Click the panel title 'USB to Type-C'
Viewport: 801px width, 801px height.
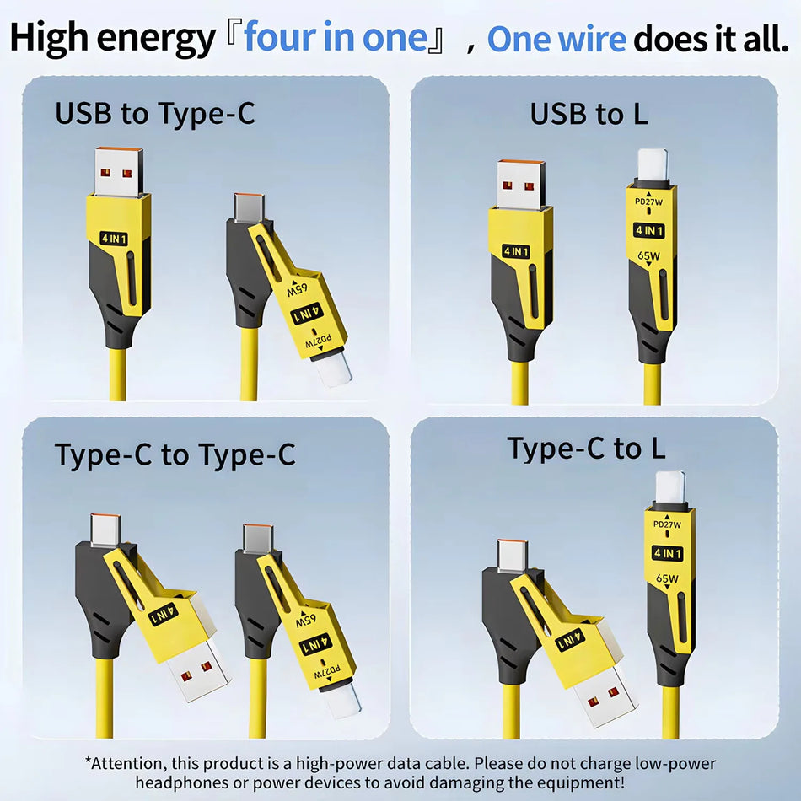(x=154, y=113)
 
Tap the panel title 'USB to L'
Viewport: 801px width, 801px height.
(x=589, y=113)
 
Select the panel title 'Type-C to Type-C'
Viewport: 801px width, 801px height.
(x=175, y=454)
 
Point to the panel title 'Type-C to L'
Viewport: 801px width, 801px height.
(x=586, y=449)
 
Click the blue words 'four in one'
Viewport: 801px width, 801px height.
(x=335, y=39)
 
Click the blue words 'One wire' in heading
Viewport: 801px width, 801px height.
(x=556, y=39)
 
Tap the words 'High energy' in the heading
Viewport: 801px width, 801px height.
(x=113, y=39)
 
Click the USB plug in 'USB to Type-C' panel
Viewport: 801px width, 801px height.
(x=118, y=171)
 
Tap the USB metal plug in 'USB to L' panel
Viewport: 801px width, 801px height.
(x=520, y=184)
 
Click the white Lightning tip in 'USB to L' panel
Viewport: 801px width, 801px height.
(x=652, y=164)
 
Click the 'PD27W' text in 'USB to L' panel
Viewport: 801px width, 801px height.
(x=648, y=202)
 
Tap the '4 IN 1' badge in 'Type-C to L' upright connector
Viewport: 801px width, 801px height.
(x=668, y=553)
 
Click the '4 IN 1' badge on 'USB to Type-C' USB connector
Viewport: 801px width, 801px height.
(x=114, y=239)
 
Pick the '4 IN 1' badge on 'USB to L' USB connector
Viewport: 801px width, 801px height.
(x=516, y=251)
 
